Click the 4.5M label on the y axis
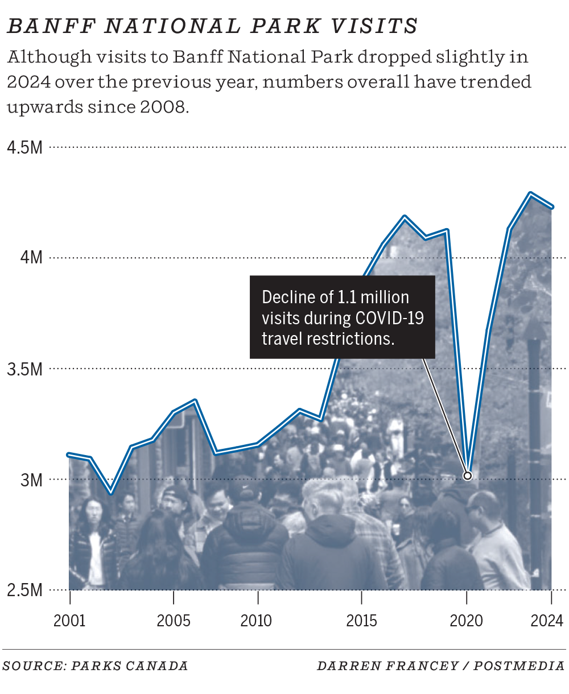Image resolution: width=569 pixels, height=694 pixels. [25, 148]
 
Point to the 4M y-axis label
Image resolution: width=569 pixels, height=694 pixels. [31, 258]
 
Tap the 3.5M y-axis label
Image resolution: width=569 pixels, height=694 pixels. [25, 369]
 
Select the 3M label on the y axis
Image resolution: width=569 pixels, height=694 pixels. [31, 480]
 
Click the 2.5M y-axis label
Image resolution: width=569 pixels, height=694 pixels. [25, 590]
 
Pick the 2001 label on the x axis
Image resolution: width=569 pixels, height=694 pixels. [69, 621]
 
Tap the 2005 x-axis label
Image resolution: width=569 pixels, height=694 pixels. [174, 621]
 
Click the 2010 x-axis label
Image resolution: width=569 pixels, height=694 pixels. [257, 621]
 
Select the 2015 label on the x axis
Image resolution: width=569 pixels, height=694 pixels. [361, 621]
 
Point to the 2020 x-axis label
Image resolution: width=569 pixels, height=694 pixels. [466, 621]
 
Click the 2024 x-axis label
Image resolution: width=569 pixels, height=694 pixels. [547, 621]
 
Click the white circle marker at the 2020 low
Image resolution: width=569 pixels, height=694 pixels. [468, 476]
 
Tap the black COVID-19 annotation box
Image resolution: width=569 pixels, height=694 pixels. [343, 317]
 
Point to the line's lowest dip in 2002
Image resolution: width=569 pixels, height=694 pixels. [111, 493]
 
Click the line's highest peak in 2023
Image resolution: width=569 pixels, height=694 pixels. [530, 194]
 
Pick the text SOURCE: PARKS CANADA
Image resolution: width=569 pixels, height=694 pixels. [95, 666]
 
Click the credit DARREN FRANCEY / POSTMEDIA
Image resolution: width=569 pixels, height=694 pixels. [441, 666]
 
